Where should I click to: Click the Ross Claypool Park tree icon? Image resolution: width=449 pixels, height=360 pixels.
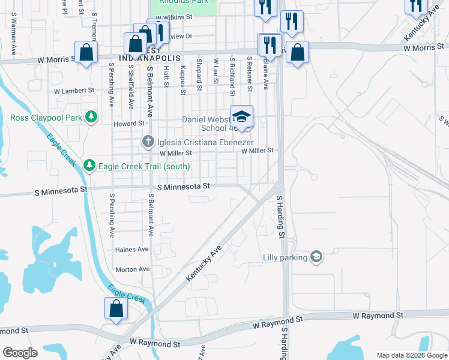click(91, 116)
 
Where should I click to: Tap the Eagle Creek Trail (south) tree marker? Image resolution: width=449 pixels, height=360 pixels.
click(89, 164)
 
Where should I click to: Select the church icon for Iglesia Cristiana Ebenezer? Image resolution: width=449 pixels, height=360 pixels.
click(148, 142)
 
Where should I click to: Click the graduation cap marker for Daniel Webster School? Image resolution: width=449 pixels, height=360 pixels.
click(241, 116)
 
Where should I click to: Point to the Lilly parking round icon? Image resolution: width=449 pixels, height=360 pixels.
click(316, 257)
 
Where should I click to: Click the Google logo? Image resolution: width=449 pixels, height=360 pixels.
click(20, 353)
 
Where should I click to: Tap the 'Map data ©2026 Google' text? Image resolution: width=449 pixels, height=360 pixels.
click(411, 355)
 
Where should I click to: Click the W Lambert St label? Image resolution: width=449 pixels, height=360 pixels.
click(74, 91)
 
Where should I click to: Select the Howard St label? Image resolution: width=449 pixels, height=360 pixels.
click(129, 123)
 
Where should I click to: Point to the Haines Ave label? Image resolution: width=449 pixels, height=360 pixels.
click(131, 249)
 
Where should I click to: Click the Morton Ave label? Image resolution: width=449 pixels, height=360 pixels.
click(132, 269)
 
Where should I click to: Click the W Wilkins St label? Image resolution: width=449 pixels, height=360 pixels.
click(173, 18)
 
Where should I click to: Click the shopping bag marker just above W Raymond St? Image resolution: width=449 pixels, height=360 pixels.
click(116, 308)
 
